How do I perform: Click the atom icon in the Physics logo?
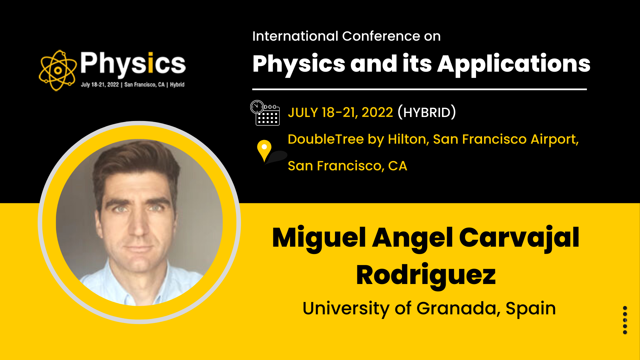tap(58, 70)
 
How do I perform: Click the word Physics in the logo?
tap(133, 63)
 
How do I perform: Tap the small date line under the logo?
tap(133, 85)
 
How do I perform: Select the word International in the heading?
tap(295, 36)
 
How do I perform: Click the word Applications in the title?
tap(514, 64)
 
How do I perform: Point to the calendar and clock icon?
tap(265, 113)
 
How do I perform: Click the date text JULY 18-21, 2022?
tap(340, 112)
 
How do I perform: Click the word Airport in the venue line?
tap(554, 139)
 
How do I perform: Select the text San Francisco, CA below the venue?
tap(347, 166)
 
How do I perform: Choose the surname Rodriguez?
tap(426, 276)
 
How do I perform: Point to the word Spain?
tap(531, 309)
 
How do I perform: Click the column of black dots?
tap(625, 320)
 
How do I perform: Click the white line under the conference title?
tap(419, 89)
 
